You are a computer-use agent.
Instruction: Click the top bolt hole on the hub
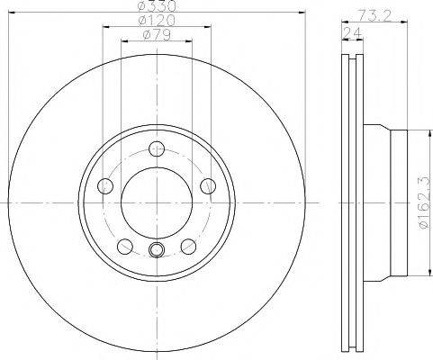tap(157, 149)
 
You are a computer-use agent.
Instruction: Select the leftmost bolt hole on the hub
tap(105, 186)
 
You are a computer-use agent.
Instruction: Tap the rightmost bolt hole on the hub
tap(208, 186)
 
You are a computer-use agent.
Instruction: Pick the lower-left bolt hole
tap(125, 247)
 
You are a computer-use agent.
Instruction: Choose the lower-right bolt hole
tap(188, 247)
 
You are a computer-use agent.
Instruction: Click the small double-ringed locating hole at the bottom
tap(157, 249)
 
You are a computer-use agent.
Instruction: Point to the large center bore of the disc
tap(157, 203)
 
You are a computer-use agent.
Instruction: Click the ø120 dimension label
tap(157, 21)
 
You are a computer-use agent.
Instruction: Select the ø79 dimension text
tap(157, 35)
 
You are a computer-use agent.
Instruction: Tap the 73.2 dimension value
tap(375, 15)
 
